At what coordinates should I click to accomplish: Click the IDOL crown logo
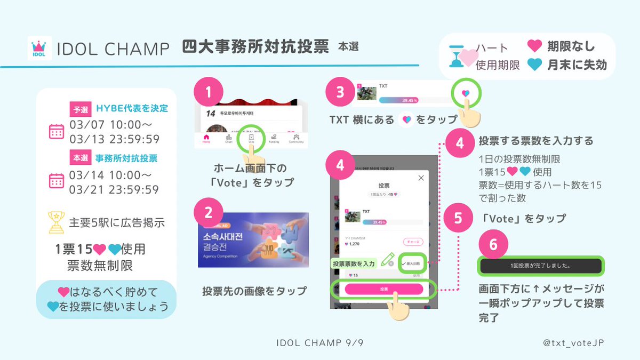pos(39,49)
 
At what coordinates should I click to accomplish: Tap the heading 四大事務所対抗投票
pos(255,47)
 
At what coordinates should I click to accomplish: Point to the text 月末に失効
pos(577,65)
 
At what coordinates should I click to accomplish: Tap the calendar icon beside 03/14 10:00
pos(57,181)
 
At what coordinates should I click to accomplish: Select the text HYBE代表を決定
pos(132,109)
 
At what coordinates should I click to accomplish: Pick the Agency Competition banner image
pos(253,240)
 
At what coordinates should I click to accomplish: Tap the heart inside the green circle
pos(465,93)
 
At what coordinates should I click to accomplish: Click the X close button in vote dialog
pos(421,178)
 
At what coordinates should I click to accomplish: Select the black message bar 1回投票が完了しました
pos(541,265)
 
